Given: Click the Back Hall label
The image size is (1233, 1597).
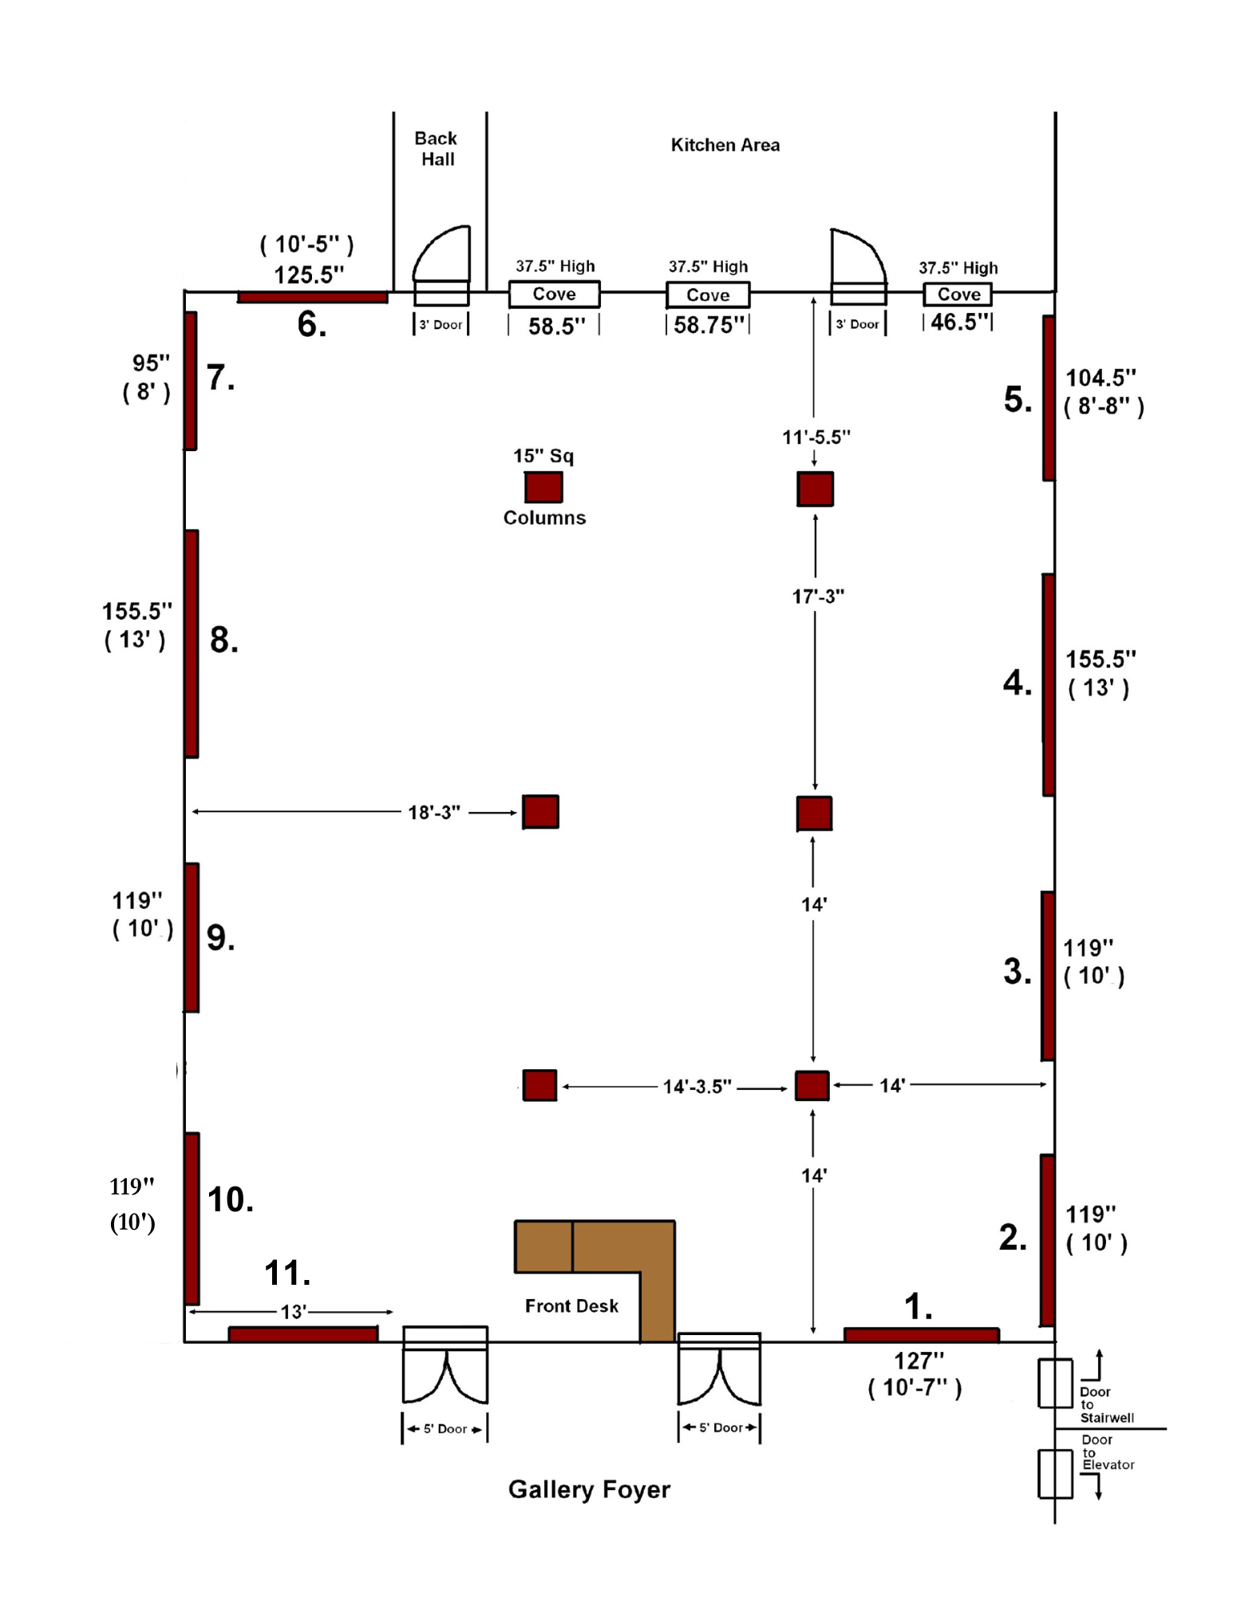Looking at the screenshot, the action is (x=437, y=149).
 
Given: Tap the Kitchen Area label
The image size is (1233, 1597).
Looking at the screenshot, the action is (x=725, y=145).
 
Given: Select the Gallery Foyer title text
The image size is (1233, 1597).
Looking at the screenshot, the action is (x=589, y=1489).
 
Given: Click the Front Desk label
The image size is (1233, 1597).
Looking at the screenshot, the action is (x=571, y=1306).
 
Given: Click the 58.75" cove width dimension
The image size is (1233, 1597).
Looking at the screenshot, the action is (x=709, y=325).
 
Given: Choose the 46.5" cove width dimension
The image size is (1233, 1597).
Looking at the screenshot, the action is (x=958, y=322).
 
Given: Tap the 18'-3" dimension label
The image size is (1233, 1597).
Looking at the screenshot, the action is (x=434, y=812).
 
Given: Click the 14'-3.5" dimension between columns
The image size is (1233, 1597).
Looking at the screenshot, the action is (x=697, y=1086).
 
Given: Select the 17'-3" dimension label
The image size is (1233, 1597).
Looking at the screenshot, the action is (x=818, y=596).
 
